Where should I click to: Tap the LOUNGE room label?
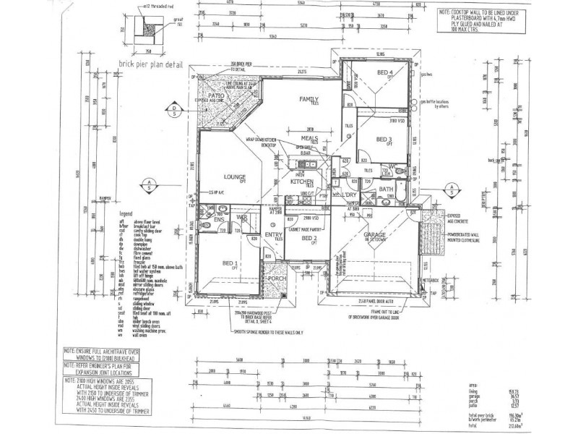[x=236, y=176]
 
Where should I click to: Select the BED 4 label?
[x=384, y=73]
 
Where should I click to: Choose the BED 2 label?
[x=310, y=238]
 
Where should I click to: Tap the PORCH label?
[x=275, y=278]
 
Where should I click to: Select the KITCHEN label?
[x=300, y=182]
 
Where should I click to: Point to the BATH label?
[x=385, y=190]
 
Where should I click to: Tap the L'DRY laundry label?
[x=350, y=195]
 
